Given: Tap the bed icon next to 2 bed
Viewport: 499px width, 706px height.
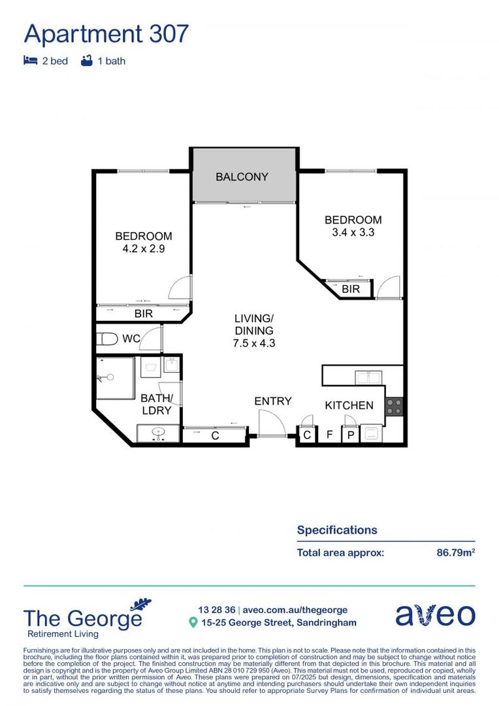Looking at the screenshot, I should [29, 61].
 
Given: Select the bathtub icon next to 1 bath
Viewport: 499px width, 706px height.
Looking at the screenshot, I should [86, 61].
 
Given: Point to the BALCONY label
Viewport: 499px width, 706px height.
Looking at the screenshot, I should [242, 176].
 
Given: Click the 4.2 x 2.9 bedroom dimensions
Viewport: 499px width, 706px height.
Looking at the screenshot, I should [144, 248].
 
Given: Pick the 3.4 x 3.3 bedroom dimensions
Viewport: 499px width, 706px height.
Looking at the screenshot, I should [353, 232].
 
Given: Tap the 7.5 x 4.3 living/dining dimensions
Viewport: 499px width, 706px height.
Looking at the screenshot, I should [254, 342].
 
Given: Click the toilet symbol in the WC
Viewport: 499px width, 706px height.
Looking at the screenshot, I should [106, 339].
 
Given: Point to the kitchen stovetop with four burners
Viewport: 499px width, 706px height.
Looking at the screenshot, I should [394, 407].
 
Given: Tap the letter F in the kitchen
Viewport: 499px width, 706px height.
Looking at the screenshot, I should [329, 435].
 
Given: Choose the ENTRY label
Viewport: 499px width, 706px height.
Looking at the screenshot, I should [272, 401].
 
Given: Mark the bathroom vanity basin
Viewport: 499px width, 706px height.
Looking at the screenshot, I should [157, 433].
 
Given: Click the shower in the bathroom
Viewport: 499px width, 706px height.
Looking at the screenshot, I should [115, 377].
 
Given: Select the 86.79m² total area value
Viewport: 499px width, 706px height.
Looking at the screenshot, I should [455, 552].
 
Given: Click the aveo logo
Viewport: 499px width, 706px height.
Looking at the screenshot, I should [435, 615].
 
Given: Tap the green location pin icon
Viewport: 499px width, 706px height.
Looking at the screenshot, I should [193, 623].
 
